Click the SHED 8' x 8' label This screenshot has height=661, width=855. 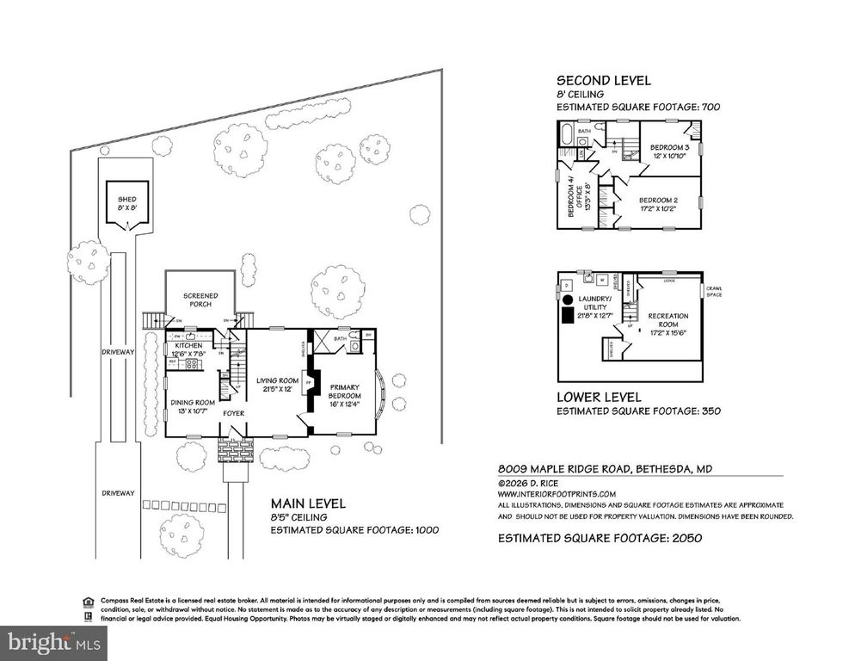point(126,203)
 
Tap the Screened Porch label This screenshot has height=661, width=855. point(200,300)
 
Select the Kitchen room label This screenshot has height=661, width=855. point(187,349)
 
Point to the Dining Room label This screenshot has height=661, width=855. point(192,406)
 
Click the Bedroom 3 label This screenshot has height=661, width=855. point(668,150)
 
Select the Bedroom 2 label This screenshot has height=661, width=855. point(660,204)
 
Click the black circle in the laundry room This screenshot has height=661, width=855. point(568,300)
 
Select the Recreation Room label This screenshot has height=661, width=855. point(667,320)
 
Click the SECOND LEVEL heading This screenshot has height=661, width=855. point(603,81)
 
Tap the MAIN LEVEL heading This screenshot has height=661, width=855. point(308,503)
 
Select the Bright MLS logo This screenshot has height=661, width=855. point(54,641)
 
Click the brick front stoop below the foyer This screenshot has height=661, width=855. point(235,450)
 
